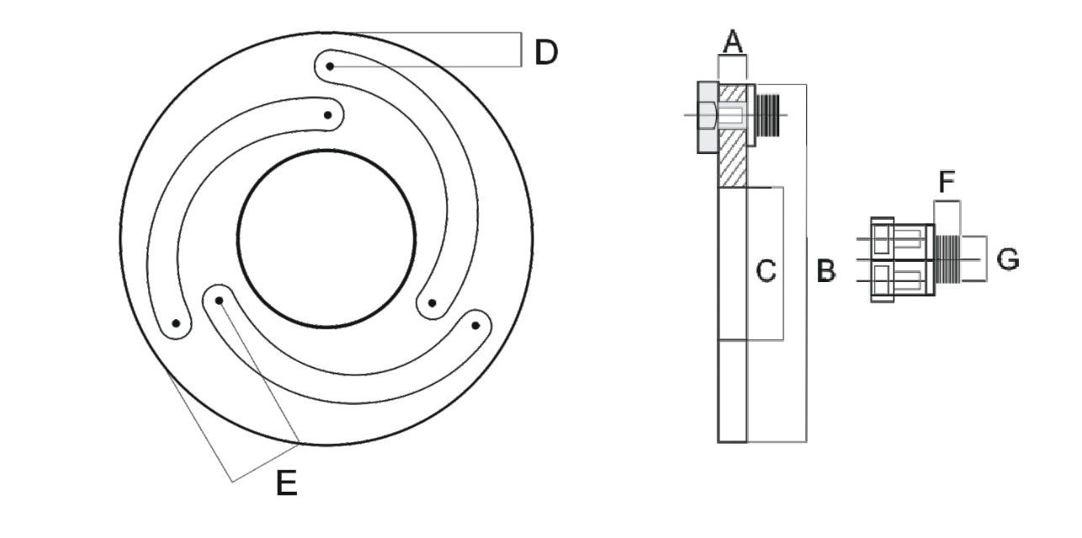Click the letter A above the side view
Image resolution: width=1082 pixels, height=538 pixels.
pos(733,41)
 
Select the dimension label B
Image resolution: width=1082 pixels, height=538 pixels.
pos(826,271)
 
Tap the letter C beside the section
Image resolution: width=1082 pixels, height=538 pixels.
pos(766,271)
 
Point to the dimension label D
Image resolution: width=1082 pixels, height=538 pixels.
pos(546,52)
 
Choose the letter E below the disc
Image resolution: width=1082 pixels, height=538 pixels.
pos(287,483)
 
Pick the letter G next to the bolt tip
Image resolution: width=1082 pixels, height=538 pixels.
pos(1007,259)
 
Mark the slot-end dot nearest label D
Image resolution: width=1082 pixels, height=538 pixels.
pos(331,66)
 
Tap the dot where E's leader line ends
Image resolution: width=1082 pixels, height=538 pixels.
pos(219,300)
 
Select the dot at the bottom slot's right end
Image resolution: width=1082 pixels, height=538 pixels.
pos(475,325)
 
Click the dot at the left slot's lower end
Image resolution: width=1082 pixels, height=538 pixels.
pos(177,323)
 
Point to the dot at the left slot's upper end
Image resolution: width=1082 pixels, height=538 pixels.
pos(329,115)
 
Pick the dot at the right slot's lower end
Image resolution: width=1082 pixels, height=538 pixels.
pos(432,303)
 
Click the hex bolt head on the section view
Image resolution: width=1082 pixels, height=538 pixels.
pos(707,117)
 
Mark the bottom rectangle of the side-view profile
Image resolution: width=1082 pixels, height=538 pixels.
pos(732,391)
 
